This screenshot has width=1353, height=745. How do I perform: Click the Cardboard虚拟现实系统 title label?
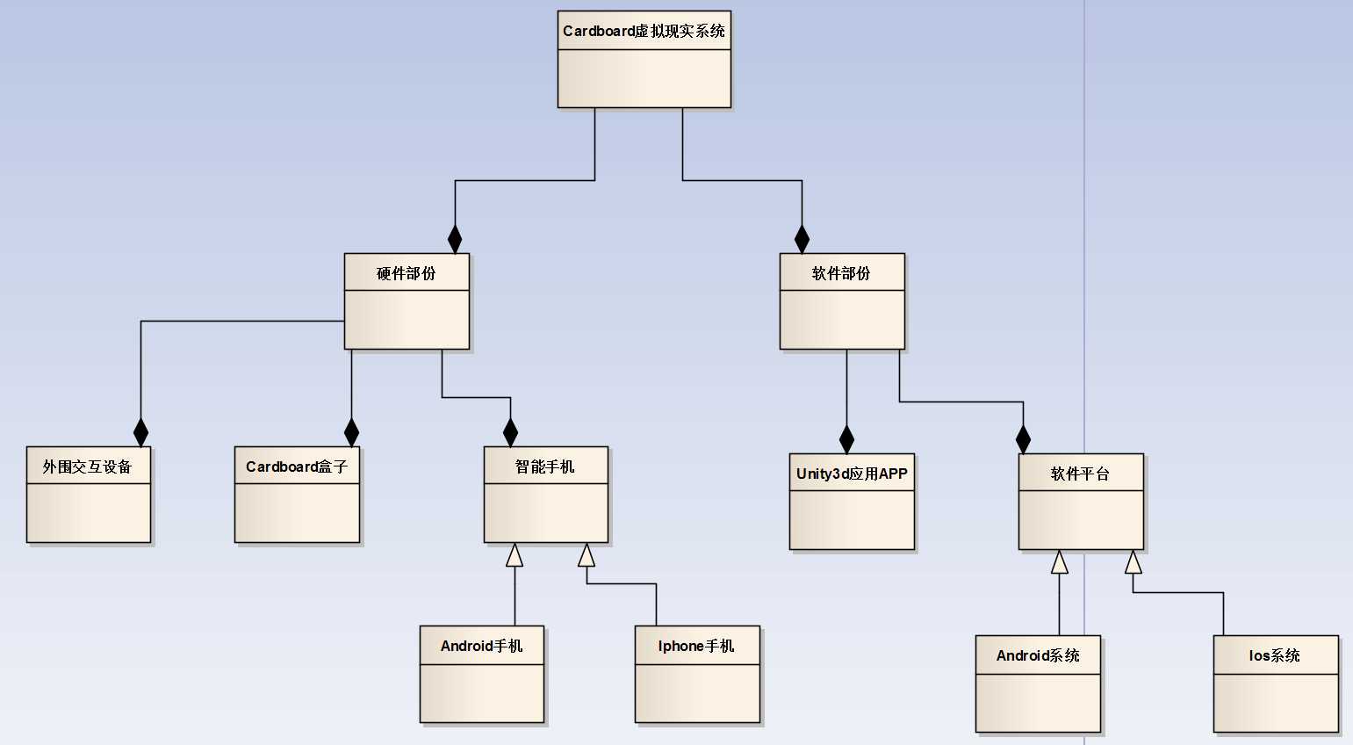pos(644,31)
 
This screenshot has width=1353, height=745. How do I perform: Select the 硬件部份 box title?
pos(406,273)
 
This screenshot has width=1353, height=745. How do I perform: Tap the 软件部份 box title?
pos(841,273)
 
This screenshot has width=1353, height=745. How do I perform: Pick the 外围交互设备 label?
pos(88,467)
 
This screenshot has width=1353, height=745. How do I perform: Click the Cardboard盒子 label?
pos(297,467)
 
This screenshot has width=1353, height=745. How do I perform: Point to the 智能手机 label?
pos(545,467)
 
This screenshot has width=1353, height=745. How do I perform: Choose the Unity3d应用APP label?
pos(852,474)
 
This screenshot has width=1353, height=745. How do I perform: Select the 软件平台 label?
pos(1080,474)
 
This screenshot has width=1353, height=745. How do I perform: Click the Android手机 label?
pos(481,646)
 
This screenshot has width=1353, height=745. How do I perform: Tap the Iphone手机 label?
pos(696,646)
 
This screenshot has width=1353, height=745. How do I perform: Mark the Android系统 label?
pos(1038,655)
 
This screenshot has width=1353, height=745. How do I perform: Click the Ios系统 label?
pos(1275,655)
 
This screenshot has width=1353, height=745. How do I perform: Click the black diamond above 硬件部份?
pos(455,239)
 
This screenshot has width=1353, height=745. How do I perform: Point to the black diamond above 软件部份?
pos(802,239)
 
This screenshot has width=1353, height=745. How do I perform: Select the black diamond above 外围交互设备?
pos(140,432)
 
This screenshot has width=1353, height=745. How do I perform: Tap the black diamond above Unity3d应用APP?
pos(846,439)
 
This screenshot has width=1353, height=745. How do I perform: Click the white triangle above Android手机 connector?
pos(515,554)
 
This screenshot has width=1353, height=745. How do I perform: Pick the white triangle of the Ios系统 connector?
pos(1133,561)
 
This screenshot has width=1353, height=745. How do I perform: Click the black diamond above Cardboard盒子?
pos(351,432)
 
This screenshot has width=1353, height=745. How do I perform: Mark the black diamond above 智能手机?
pos(510,432)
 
